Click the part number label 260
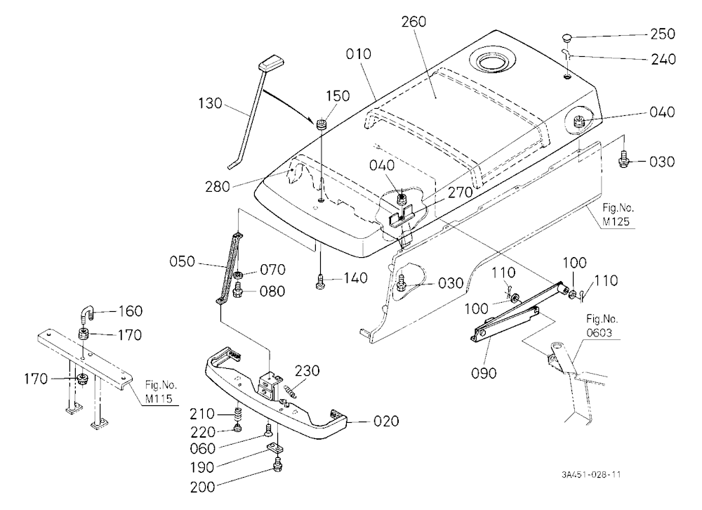pos(413,22)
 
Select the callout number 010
pos(359,54)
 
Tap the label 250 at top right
pos(663,34)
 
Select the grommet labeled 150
pos(322,124)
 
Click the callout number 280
pos(218,187)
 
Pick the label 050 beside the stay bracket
pos(183,261)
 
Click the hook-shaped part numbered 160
pos(86,312)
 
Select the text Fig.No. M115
pos(161,392)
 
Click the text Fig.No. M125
pos(618,214)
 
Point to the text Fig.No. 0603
pos(602,326)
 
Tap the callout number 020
pos(386,421)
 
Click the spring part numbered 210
pos(238,413)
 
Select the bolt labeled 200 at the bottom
pos(277,465)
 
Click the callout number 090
pos(484,373)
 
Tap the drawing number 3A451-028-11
pos(591,475)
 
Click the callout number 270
pos(461,192)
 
